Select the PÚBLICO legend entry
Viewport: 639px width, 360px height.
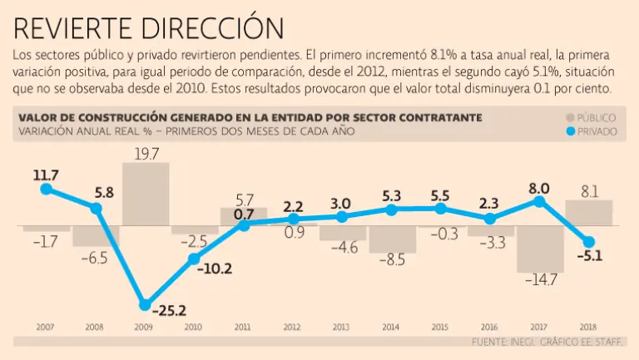pyautogui.click(x=591, y=118)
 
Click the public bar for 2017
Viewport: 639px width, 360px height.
pyautogui.click(x=540, y=249)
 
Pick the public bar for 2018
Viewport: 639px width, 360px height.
pyautogui.click(x=589, y=213)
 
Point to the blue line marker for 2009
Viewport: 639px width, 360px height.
pyautogui.click(x=145, y=304)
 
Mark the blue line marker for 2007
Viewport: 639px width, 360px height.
pyautogui.click(x=46, y=189)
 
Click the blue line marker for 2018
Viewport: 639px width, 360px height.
pyautogui.click(x=589, y=241)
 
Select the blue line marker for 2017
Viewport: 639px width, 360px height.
pyautogui.click(x=540, y=200)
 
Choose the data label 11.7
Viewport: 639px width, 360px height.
pyautogui.click(x=46, y=175)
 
